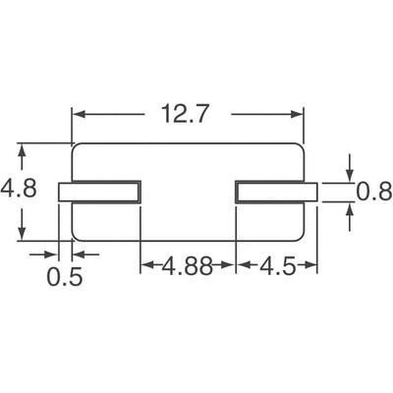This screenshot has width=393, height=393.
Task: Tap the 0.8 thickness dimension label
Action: (x=373, y=193)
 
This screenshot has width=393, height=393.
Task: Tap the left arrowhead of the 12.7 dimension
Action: (x=79, y=115)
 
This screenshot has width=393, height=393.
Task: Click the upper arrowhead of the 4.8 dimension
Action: (x=20, y=150)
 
